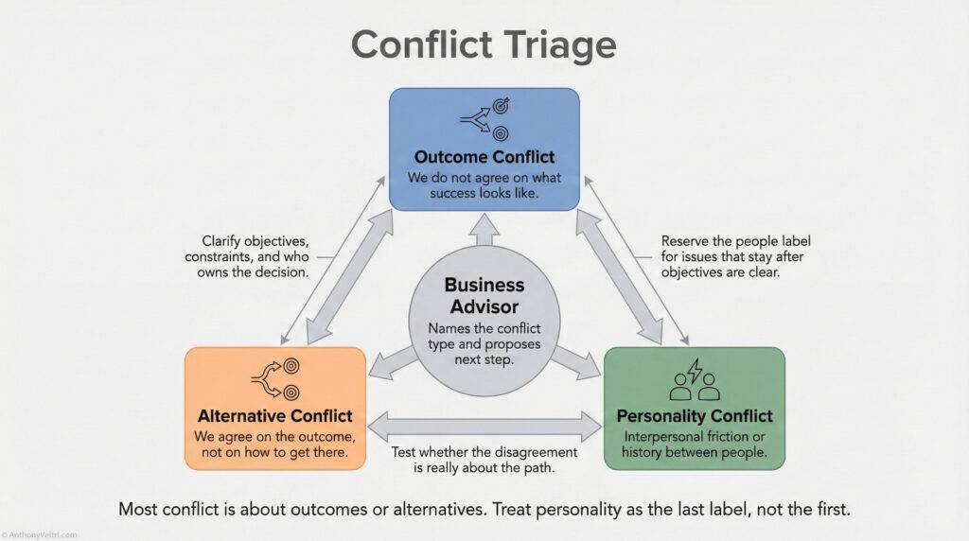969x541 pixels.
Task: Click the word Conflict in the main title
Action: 418,44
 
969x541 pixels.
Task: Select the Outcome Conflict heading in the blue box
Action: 484,156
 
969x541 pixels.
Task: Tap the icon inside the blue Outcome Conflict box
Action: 484,121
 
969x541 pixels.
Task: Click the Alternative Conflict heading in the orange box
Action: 275,415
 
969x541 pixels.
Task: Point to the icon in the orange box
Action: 275,378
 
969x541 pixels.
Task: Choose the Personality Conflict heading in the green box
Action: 695,415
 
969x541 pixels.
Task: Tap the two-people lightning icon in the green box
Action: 695,380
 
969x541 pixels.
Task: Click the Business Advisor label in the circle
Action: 484,295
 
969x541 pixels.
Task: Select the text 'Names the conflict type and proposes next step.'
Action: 484,345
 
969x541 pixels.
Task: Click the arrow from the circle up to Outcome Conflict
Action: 484,239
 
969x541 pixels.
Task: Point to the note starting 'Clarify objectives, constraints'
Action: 255,257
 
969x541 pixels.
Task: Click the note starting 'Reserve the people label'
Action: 735,257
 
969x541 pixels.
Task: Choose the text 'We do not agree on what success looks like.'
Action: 484,184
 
